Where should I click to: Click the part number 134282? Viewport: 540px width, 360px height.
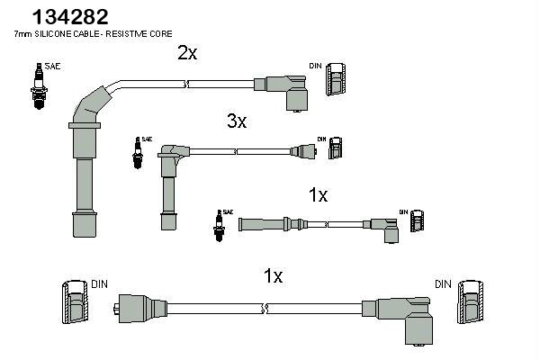point(70,16)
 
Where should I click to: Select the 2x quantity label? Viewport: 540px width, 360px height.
point(187,53)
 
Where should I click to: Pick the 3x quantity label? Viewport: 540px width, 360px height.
point(237,121)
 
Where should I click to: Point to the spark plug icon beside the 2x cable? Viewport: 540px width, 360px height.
point(39,86)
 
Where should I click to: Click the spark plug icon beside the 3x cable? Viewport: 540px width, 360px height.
point(138,153)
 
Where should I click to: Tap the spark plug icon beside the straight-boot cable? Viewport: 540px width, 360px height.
point(219,226)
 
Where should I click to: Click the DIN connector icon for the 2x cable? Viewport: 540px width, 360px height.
point(336,79)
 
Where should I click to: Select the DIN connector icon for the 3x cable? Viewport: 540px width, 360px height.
point(335,148)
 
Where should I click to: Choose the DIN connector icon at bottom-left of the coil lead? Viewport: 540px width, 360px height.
point(75,302)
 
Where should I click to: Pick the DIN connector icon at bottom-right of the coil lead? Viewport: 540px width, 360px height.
point(470,302)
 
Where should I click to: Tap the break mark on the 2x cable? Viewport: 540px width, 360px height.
point(185,84)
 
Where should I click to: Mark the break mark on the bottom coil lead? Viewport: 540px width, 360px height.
point(265,309)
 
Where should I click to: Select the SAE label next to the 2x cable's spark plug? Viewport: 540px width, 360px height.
point(52,66)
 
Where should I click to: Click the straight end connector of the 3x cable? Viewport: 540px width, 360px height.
point(303,151)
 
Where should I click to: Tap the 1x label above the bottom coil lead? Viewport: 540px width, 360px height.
point(273,276)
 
